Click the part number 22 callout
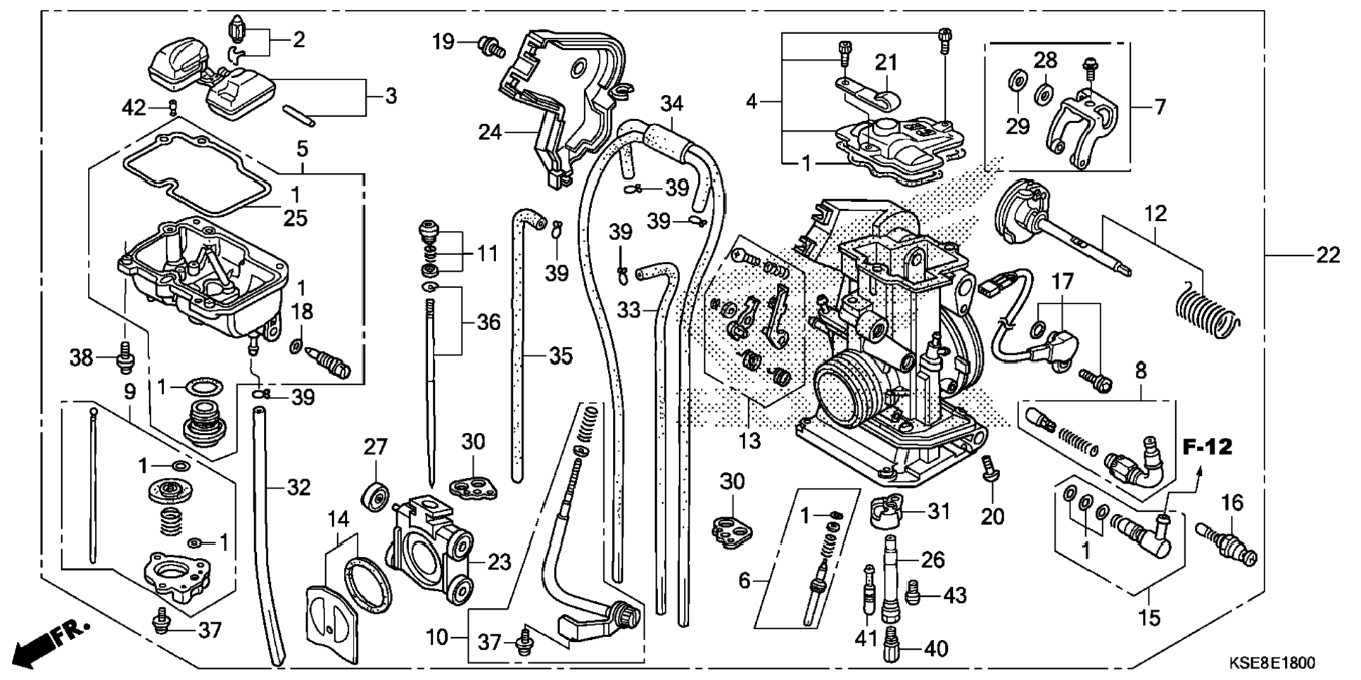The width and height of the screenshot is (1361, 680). tap(1328, 256)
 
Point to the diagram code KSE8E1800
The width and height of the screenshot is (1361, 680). tap(1272, 663)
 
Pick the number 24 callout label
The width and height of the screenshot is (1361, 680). tap(490, 132)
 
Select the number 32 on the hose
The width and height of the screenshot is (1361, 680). tap(298, 487)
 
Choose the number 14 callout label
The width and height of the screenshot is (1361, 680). tap(338, 520)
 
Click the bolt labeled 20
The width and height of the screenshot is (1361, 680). tap(989, 467)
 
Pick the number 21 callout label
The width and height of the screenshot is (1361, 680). tap(886, 63)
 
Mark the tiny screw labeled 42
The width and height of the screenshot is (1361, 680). tap(171, 107)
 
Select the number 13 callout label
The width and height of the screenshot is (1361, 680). tap(749, 441)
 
